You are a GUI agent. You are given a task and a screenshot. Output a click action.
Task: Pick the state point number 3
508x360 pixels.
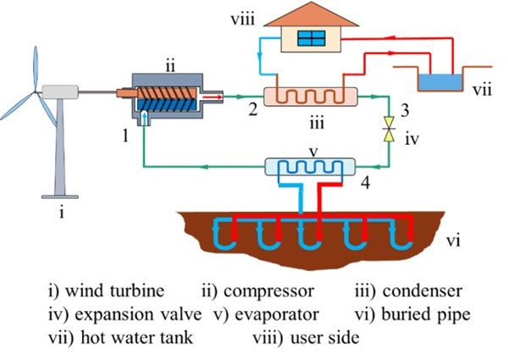coord(405,110)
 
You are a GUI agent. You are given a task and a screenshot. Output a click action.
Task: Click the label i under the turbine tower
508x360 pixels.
coord(61,213)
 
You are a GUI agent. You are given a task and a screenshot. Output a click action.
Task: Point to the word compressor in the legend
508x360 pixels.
coord(271,291)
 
